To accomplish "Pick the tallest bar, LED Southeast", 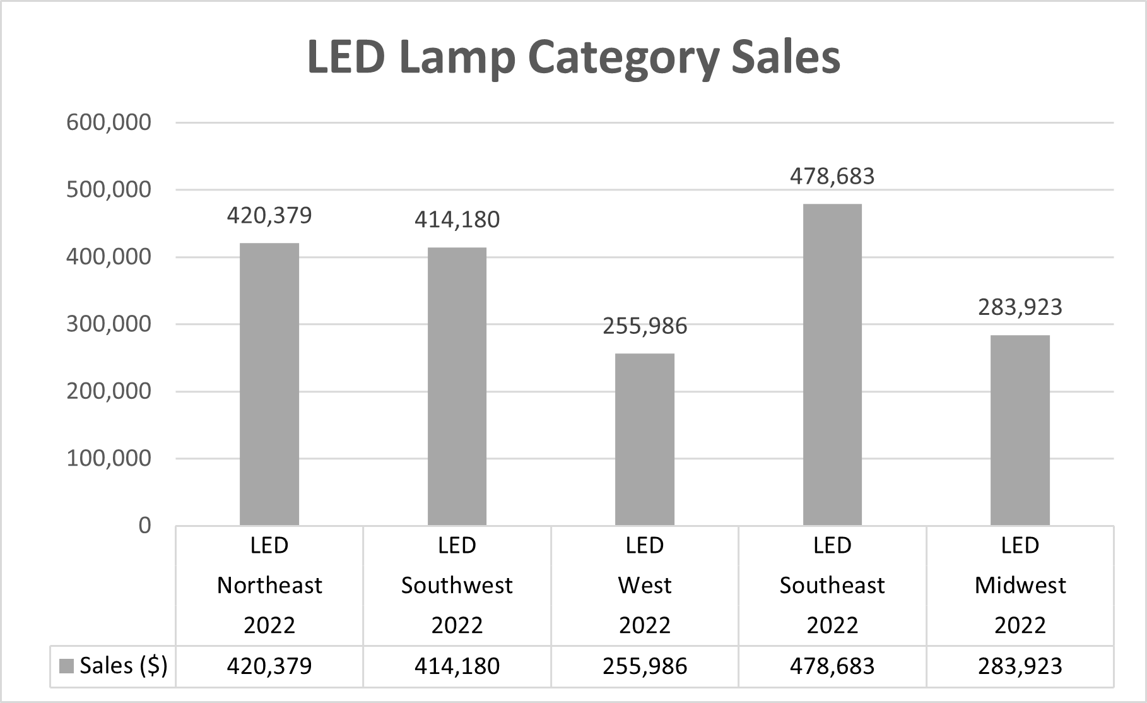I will (832, 364).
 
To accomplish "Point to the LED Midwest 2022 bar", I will (1020, 430).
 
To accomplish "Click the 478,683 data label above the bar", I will (832, 176).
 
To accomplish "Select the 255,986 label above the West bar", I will (644, 326).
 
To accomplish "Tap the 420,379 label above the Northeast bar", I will (269, 216).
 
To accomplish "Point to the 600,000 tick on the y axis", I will (109, 122).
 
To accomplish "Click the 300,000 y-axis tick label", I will (109, 324).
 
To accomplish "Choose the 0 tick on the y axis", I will (144, 525).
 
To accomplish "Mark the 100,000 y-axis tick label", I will (109, 458).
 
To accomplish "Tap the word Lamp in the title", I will (457, 58).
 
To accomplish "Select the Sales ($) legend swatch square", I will (66, 666).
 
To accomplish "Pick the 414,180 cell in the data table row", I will (457, 666).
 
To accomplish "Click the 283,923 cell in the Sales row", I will (1020, 666).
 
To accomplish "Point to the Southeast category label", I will (832, 586).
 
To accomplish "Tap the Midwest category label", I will (1020, 586).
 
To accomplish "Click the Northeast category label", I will (269, 586).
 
